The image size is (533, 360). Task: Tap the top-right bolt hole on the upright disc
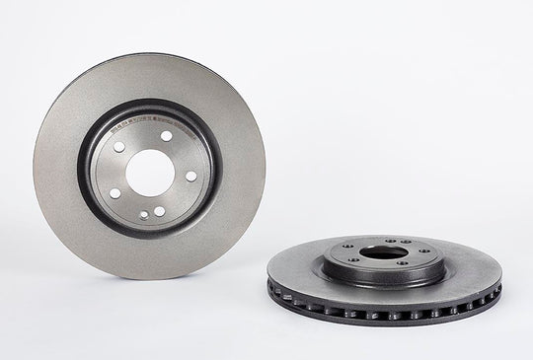(x=166, y=136)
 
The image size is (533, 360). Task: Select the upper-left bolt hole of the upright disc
(x=119, y=147)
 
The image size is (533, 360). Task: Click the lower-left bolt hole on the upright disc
(x=114, y=193)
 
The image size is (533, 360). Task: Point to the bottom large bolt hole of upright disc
(x=157, y=211)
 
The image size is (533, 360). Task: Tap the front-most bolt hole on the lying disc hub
(x=402, y=262)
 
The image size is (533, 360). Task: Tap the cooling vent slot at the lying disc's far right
(x=496, y=289)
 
